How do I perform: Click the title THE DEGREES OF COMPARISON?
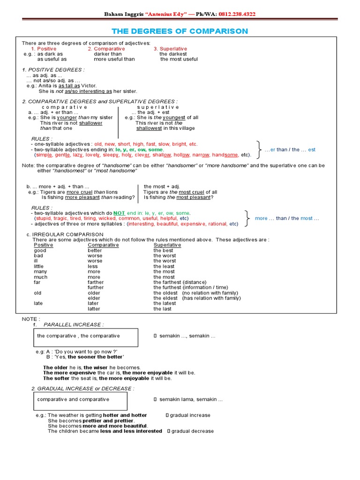pos(180,31)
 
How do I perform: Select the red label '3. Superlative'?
pos(170,49)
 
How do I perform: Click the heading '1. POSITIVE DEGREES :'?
pos(53,70)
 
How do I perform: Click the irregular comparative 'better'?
pos(95,250)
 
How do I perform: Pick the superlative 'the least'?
pos(164,266)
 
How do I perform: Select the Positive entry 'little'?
pos(38,266)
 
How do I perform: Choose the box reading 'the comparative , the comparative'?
pos(85,337)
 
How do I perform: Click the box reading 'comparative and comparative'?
pos(80,400)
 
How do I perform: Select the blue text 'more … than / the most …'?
pos(287,218)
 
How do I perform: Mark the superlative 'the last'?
pos(162,309)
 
